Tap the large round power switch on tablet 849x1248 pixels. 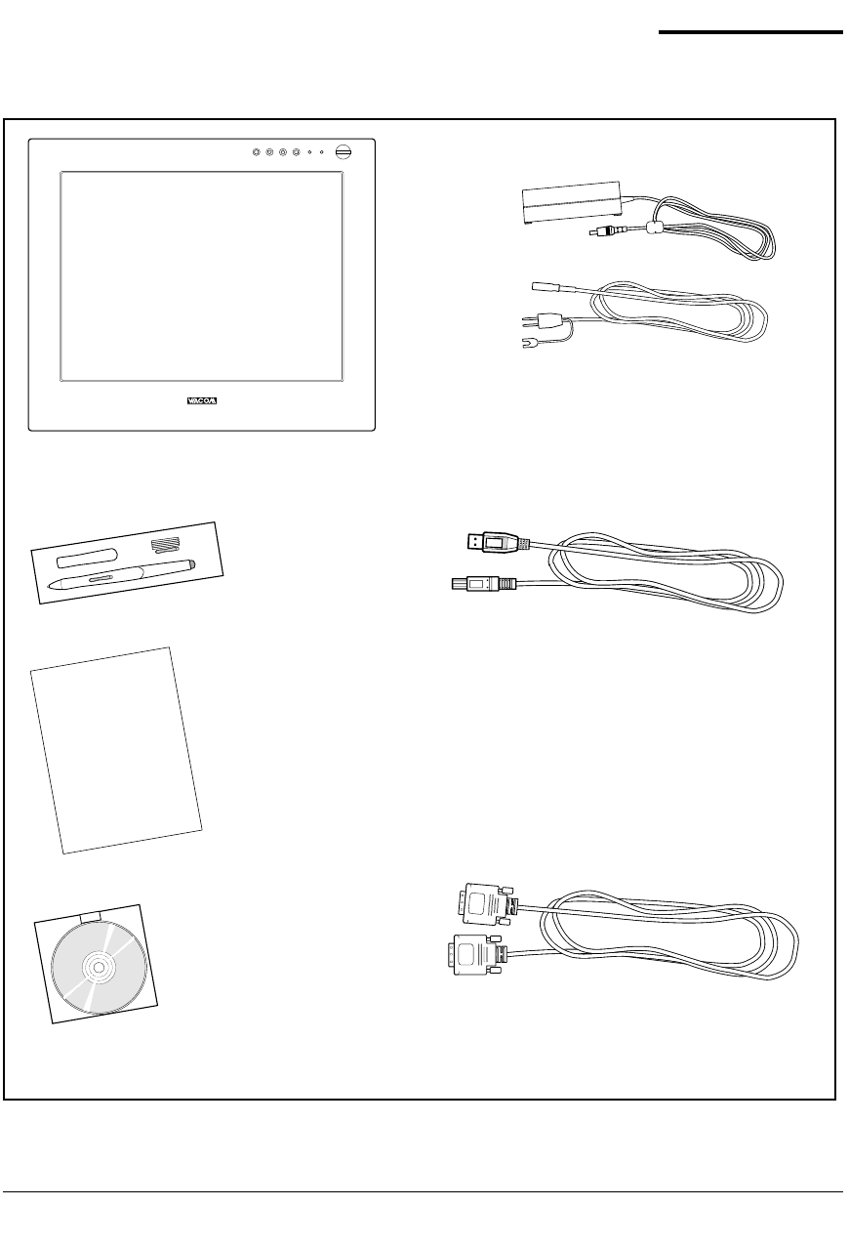pyautogui.click(x=343, y=152)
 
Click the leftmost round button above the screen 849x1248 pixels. pyautogui.click(x=256, y=152)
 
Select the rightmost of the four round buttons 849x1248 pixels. pyautogui.click(x=295, y=152)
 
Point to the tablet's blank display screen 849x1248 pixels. pyautogui.click(x=201, y=276)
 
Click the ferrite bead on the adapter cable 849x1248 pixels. pyautogui.click(x=654, y=229)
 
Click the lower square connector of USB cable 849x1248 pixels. pyautogui.click(x=478, y=584)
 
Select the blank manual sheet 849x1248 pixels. pyautogui.click(x=115, y=750)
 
